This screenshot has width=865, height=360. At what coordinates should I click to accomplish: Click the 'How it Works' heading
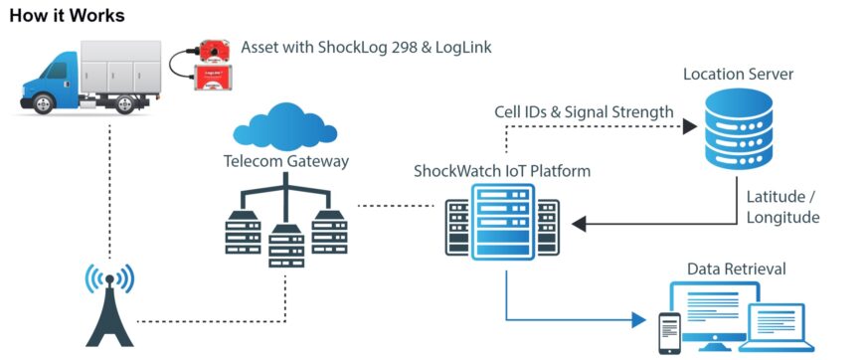pos(68,15)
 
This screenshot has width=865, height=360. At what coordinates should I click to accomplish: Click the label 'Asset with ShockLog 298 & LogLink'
pos(366,48)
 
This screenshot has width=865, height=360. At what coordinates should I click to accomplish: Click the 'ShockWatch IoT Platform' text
pos(501,171)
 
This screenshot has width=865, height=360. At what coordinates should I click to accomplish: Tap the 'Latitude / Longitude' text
pos(782,206)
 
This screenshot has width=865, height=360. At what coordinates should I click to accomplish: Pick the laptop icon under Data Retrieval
pos(783,324)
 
